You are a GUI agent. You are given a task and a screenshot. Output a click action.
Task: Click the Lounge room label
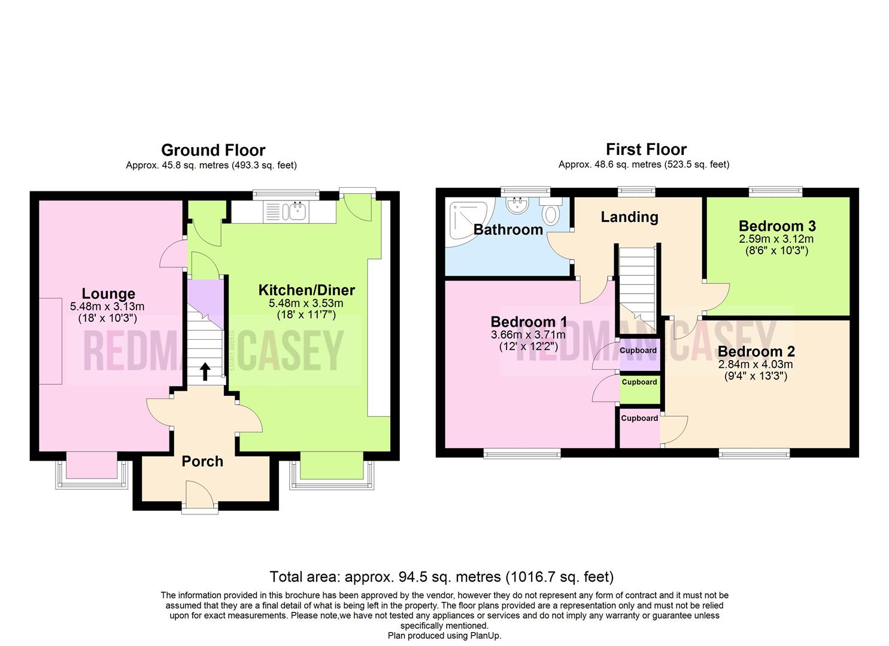[108, 294]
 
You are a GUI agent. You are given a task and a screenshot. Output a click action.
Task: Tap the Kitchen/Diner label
[307, 290]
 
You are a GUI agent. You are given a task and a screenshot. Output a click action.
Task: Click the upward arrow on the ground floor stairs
[205, 371]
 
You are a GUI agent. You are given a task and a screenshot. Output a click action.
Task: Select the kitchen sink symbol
[296, 211]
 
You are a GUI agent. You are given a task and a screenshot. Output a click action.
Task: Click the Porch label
[202, 461]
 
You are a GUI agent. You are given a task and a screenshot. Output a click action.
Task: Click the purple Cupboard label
[638, 351]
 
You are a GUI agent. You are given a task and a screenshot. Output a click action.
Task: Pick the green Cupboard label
[639, 382]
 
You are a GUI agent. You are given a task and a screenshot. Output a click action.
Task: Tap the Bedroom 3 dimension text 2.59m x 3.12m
[777, 239]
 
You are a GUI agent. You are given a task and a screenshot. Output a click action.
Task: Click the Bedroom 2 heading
[756, 352]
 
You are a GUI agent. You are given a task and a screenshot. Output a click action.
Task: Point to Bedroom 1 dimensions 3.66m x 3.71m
[527, 335]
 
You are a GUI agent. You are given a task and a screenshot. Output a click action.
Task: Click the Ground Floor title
[213, 150]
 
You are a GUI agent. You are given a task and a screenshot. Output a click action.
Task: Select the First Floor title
[646, 149]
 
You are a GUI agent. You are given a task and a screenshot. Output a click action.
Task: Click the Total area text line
[441, 577]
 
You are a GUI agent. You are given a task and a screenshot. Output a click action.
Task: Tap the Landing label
[629, 217]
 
